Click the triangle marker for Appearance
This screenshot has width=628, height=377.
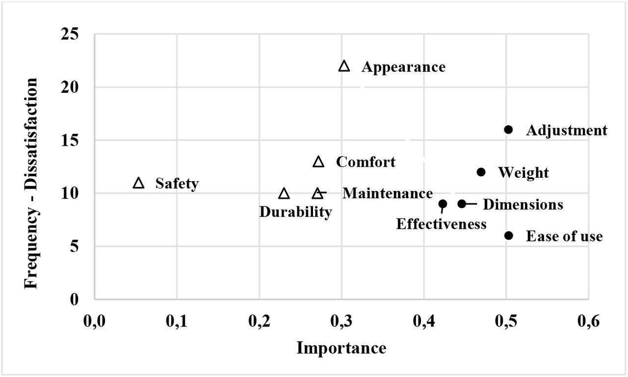(344, 66)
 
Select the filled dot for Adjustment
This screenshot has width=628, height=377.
(508, 130)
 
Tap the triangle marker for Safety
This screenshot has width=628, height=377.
(138, 183)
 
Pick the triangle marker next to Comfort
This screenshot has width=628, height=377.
(318, 162)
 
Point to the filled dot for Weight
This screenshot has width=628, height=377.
(481, 172)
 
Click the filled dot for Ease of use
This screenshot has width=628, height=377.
(508, 236)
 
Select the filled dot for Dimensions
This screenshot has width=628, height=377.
(462, 204)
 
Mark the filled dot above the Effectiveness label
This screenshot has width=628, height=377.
(443, 204)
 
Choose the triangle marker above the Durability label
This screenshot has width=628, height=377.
(284, 193)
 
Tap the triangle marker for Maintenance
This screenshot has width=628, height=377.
(317, 193)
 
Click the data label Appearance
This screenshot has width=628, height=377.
(403, 67)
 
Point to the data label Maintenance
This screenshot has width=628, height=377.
(388, 193)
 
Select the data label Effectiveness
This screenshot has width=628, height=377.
(441, 224)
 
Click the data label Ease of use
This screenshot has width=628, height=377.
(564, 236)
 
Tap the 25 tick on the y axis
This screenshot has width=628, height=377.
(70, 34)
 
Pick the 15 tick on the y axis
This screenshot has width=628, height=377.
(70, 140)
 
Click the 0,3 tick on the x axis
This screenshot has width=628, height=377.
(341, 321)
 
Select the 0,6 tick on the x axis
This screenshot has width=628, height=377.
(588, 321)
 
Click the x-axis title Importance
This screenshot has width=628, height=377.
(341, 348)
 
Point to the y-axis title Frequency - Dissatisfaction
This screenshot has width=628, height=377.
(31, 183)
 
